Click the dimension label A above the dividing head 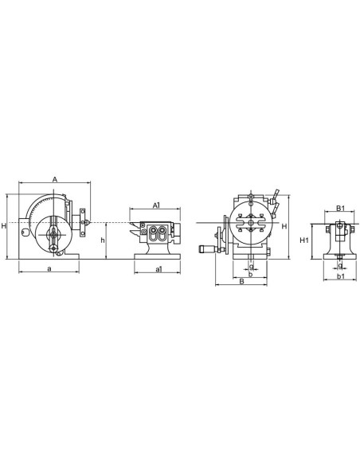(53, 180)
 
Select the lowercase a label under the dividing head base (50, 270)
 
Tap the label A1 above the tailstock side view (157, 205)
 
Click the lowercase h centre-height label (104, 240)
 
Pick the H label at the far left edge (4, 227)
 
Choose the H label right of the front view (284, 226)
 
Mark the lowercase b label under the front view (251, 274)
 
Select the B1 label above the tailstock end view (340, 208)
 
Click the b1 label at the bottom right (340, 277)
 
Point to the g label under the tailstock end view (340, 266)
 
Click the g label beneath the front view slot (251, 266)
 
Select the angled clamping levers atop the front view (273, 197)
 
